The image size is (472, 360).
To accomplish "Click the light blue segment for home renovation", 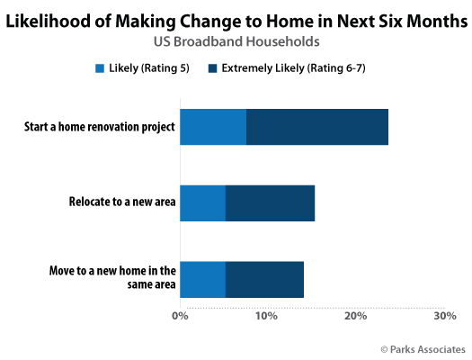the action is (x=213, y=127).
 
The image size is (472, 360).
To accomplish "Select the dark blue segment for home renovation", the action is (x=317, y=127).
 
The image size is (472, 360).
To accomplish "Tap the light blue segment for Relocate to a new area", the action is (x=203, y=203).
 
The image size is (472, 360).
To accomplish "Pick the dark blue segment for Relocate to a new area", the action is (x=271, y=203).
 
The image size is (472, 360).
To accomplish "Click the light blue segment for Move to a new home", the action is (x=203, y=280).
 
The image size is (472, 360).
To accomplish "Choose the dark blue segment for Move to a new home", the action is (x=264, y=280).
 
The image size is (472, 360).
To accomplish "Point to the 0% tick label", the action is (x=180, y=316).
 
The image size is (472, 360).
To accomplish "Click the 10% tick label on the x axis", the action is (x=266, y=316).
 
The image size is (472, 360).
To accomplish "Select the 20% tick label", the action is (x=355, y=316).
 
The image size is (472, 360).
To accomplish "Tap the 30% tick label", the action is (x=445, y=316).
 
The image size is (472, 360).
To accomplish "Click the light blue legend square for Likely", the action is (x=100, y=68).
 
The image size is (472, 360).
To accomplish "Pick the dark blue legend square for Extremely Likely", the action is (x=212, y=68).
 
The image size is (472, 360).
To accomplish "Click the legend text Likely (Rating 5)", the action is (x=149, y=68).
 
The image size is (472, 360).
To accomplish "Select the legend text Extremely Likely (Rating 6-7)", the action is (x=293, y=68).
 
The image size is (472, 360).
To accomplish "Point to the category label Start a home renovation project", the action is (x=100, y=127).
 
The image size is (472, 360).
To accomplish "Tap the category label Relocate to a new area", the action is (x=122, y=202).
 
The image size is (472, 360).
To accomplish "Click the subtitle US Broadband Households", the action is (x=236, y=41).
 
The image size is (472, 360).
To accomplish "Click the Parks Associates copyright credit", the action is (x=423, y=349).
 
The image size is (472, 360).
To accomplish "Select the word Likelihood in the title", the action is (x=49, y=22).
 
